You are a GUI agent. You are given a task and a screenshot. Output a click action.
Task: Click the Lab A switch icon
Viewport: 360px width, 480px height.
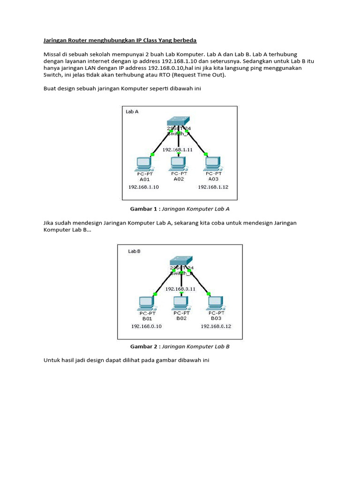click(178, 121)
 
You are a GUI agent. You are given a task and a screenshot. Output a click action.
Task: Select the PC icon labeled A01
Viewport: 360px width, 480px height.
click(143, 163)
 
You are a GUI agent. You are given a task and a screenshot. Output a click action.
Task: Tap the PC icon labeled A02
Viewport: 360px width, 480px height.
click(177, 162)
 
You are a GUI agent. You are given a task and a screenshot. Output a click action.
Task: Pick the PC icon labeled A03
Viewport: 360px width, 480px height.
click(212, 163)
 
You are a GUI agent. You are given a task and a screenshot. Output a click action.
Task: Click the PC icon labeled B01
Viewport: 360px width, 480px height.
click(146, 302)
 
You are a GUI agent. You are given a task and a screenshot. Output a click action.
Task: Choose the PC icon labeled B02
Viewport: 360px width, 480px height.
click(181, 301)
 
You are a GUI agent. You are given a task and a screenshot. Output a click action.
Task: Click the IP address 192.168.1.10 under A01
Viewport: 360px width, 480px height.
click(143, 187)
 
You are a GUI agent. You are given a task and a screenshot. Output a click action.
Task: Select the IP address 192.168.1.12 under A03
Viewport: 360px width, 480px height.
click(213, 187)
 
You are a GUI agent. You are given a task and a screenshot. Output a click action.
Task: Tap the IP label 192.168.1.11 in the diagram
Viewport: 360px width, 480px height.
click(177, 150)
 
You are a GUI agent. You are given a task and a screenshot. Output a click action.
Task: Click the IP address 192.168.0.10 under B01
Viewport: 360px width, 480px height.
click(146, 326)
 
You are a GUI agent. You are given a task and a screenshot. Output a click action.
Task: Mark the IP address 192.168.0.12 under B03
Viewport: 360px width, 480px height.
click(216, 326)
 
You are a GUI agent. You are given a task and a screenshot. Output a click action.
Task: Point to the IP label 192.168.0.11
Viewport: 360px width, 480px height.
click(180, 289)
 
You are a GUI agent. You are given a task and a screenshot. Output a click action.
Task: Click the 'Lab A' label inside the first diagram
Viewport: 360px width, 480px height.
click(132, 112)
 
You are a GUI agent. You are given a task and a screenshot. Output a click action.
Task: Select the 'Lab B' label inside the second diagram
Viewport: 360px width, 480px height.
click(135, 251)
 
